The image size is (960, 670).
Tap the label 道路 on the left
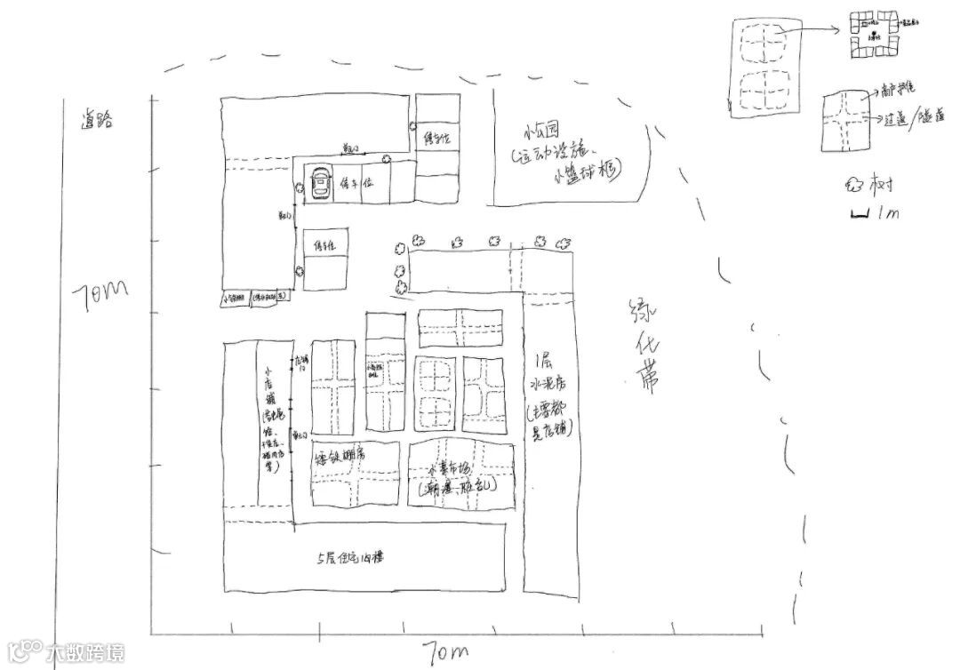tap(97, 122)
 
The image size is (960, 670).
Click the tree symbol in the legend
tap(852, 186)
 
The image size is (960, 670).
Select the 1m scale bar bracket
tap(860, 213)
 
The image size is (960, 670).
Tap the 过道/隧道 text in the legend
tap(916, 116)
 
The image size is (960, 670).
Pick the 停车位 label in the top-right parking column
tap(437, 138)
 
